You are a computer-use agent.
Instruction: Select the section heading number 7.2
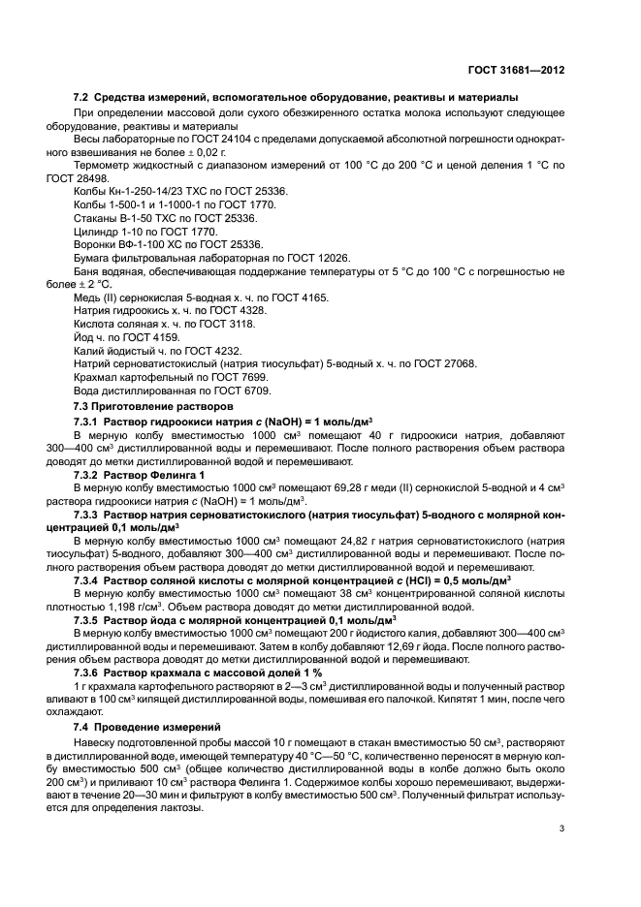click(81, 98)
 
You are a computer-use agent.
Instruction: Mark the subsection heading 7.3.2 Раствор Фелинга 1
click(140, 475)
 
